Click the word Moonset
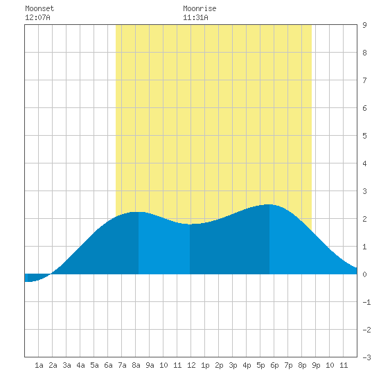tap(39, 8)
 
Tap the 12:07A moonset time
tap(37, 17)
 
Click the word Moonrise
tap(200, 8)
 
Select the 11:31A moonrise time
tap(195, 17)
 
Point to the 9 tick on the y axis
tap(364, 25)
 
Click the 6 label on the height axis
tap(364, 108)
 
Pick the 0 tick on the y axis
tap(364, 274)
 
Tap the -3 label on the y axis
tap(366, 357)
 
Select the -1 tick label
tap(366, 302)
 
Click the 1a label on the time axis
tap(39, 365)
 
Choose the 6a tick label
tap(108, 365)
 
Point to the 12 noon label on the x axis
tap(191, 365)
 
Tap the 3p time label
tap(233, 365)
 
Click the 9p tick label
tap(316, 365)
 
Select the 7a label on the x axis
tap(122, 365)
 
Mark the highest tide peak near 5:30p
tap(269, 204)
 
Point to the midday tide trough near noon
tap(190, 224)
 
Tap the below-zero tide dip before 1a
tap(28, 281)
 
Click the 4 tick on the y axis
tap(364, 163)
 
